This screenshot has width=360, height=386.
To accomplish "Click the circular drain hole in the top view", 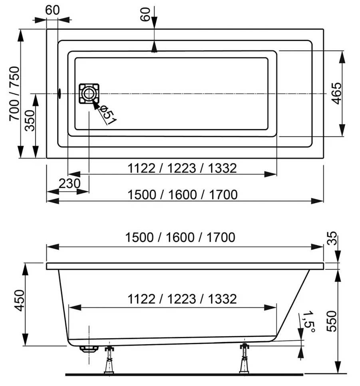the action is pos(89,93).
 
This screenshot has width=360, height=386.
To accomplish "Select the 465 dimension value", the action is pos(336,93).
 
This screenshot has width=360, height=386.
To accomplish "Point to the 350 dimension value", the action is pos(30,121).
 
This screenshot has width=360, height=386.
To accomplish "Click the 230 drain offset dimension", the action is pos(70,183).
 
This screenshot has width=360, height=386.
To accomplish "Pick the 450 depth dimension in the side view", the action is pos(20,301).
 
